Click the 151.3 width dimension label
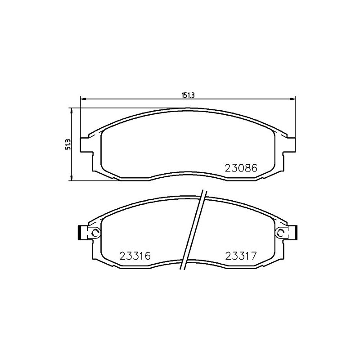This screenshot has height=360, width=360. point(188,95)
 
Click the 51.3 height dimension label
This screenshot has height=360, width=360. point(68,144)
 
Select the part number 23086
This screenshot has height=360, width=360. point(241,168)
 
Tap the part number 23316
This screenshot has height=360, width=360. point(135,256)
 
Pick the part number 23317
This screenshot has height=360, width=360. point(241,256)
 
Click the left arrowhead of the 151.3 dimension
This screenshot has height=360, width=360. point(83,99)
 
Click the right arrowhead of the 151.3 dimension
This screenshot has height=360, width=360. point(292,99)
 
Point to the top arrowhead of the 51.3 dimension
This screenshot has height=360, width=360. point(72,111)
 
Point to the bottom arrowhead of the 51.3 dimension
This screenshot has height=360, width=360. point(72,177)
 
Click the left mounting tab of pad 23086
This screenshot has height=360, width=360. point(86,145)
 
